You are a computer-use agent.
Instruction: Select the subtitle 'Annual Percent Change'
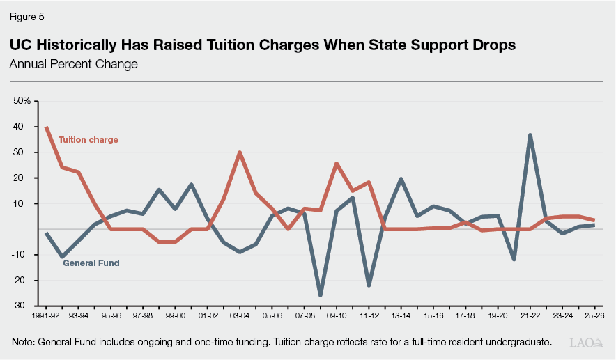point(73,64)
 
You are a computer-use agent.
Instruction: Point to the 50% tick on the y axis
point(22,101)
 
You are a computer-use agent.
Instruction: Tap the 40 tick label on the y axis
point(18,127)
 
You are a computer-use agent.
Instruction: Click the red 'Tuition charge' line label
point(88,140)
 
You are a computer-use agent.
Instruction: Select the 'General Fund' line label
point(91,263)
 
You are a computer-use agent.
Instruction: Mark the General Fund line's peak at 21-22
point(530,135)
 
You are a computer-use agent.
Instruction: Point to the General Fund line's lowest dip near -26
point(321,295)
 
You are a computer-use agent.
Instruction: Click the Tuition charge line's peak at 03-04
point(240,152)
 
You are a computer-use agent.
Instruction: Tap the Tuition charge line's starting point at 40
point(47,127)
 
